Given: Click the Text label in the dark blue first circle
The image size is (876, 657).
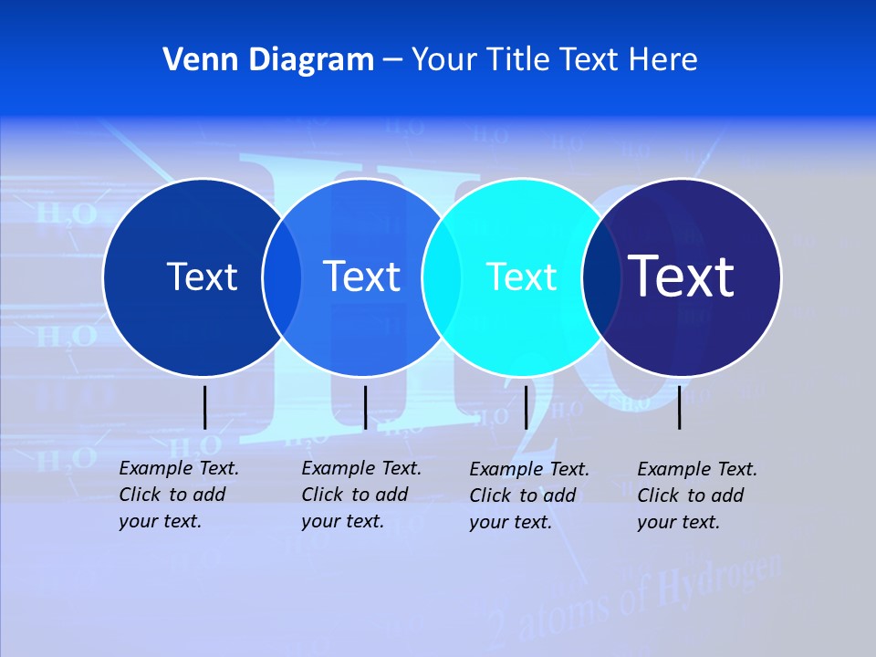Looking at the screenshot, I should click(x=202, y=276).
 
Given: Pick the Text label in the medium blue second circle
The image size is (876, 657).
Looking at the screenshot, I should click(x=361, y=276).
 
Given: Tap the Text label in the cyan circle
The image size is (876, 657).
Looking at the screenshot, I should click(x=521, y=276).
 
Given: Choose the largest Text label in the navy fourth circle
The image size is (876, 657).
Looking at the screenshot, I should click(x=681, y=276).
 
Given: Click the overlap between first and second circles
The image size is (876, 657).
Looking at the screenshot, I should click(x=282, y=277).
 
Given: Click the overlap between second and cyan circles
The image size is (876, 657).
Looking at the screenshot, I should click(x=440, y=277).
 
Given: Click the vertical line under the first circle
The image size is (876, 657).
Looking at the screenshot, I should click(x=205, y=407).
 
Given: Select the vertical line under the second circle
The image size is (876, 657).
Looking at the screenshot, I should click(x=365, y=407).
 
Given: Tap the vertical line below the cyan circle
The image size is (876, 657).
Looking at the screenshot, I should click(x=526, y=407).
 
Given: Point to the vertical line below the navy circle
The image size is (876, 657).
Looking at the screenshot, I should click(x=680, y=407).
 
